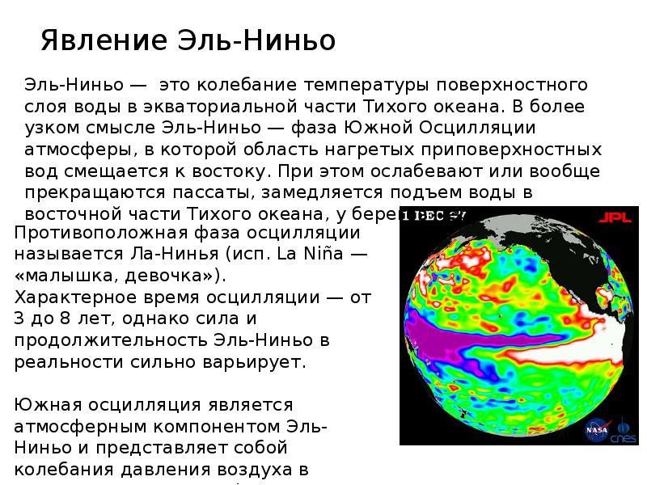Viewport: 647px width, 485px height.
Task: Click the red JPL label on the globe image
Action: click(x=611, y=217)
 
